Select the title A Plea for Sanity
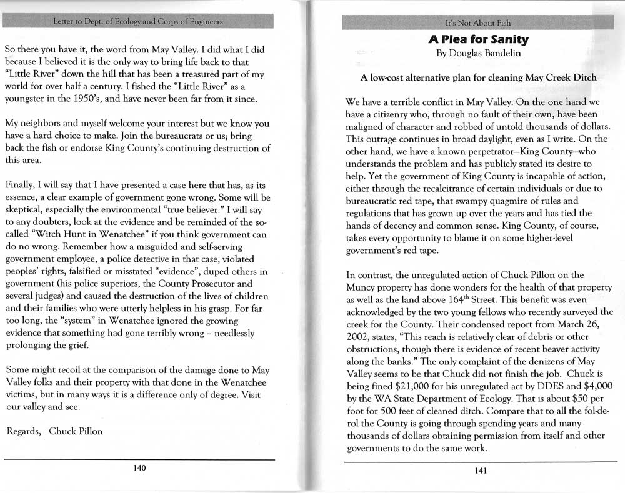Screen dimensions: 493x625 479,40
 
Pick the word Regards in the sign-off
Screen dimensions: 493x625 23,431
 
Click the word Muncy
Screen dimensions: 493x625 362,287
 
